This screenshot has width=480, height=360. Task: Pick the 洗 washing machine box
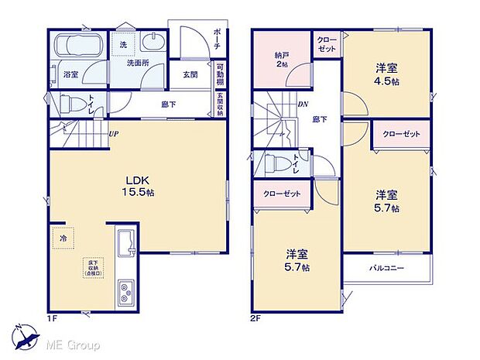coord(123,46)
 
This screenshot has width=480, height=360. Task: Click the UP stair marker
coord(115,133)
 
